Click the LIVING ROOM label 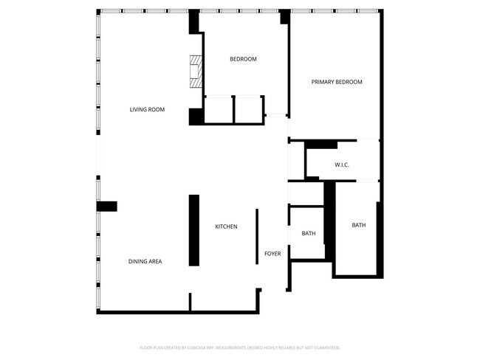(x=147, y=110)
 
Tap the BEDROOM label (x=243, y=59)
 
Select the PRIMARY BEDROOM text (x=336, y=82)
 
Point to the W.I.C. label (x=341, y=165)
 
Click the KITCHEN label (x=226, y=226)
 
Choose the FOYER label (x=272, y=254)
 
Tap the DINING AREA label (x=145, y=261)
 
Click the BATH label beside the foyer (x=309, y=234)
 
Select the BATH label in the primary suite (x=358, y=225)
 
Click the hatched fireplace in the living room (x=196, y=72)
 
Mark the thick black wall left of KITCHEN (x=194, y=230)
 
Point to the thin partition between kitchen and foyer (x=257, y=236)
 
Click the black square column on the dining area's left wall (x=107, y=207)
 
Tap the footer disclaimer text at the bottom (x=240, y=347)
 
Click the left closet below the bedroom (x=219, y=109)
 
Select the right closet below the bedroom (x=249, y=109)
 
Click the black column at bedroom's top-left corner (x=195, y=22)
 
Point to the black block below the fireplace (x=196, y=117)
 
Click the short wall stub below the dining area (x=190, y=302)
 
